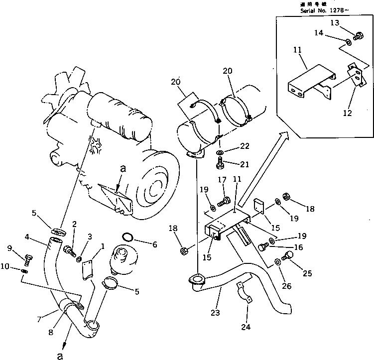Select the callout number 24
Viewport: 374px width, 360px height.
point(247,328)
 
